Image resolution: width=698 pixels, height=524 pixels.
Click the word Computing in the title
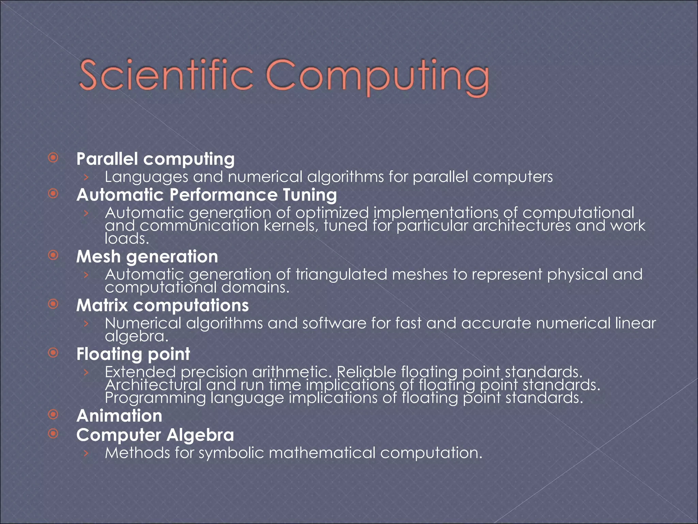(377, 77)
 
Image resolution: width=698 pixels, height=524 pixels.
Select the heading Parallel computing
(155, 159)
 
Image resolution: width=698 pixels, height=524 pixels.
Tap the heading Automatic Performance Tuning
(207, 195)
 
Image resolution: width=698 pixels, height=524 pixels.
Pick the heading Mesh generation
(147, 257)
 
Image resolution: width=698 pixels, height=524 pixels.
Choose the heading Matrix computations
(162, 305)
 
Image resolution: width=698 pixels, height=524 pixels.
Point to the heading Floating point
(133, 354)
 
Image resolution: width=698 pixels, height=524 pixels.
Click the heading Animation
(119, 416)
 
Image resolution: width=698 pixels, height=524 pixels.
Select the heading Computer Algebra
(155, 435)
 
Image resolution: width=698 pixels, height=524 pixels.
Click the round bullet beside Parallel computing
(53, 158)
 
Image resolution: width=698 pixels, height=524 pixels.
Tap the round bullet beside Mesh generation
(53, 255)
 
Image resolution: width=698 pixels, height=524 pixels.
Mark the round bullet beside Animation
(53, 414)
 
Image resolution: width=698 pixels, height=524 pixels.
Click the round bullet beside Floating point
(53, 353)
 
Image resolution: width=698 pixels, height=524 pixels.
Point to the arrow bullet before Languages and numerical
(86, 177)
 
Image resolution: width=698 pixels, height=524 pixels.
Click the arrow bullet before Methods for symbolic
(86, 453)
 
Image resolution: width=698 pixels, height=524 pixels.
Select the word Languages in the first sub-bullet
(146, 177)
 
